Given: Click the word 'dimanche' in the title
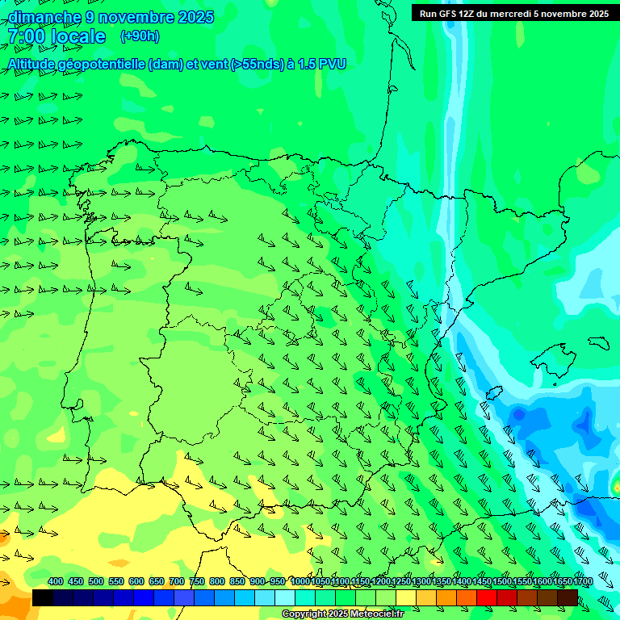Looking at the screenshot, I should point(44,17).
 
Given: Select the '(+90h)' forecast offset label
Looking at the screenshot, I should point(140,36).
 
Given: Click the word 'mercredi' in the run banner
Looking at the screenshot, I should point(507,13).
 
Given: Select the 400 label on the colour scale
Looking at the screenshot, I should point(55,582).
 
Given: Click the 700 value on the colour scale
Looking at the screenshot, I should point(176,582).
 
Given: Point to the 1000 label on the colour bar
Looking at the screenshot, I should point(300,582).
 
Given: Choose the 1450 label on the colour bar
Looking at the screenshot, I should point(481,582).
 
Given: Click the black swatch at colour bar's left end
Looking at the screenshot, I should point(43,597).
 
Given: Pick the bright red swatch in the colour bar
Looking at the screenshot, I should point(487,597).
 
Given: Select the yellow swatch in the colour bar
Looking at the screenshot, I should point(406,597).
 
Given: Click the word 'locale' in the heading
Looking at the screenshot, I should point(77,36).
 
